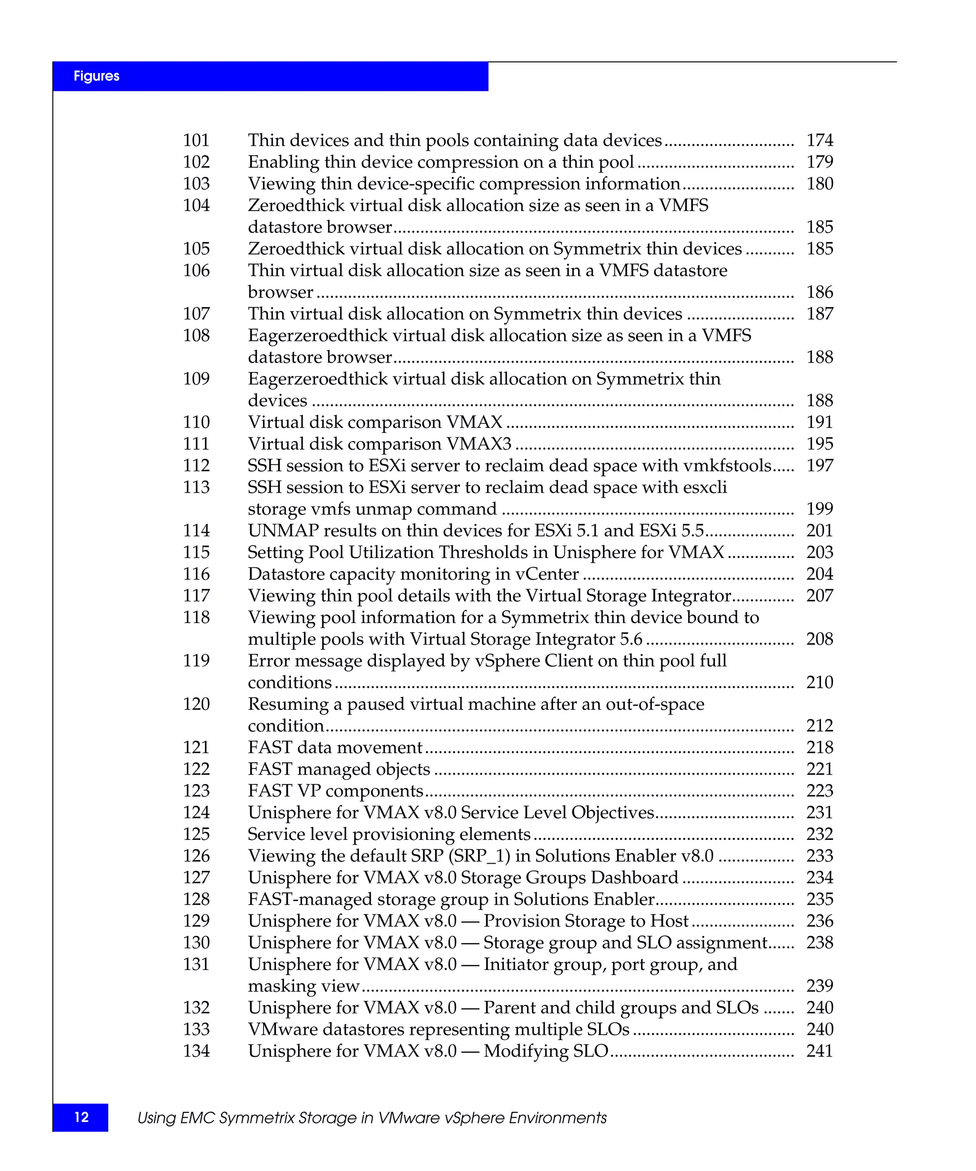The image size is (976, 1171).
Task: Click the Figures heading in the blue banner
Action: [x=96, y=76]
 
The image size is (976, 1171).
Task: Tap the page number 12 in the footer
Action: [x=81, y=1117]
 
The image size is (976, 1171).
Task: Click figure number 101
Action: [x=196, y=140]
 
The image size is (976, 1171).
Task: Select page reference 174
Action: [x=819, y=140]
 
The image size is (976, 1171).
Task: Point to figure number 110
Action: [x=196, y=422]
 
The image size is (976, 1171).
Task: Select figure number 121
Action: [x=196, y=747]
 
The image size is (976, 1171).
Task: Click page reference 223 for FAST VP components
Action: [x=819, y=791]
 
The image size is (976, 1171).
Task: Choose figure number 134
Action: [x=196, y=1051]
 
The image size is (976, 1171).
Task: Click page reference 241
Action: [x=819, y=1051]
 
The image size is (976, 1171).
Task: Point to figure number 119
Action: [x=196, y=661]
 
